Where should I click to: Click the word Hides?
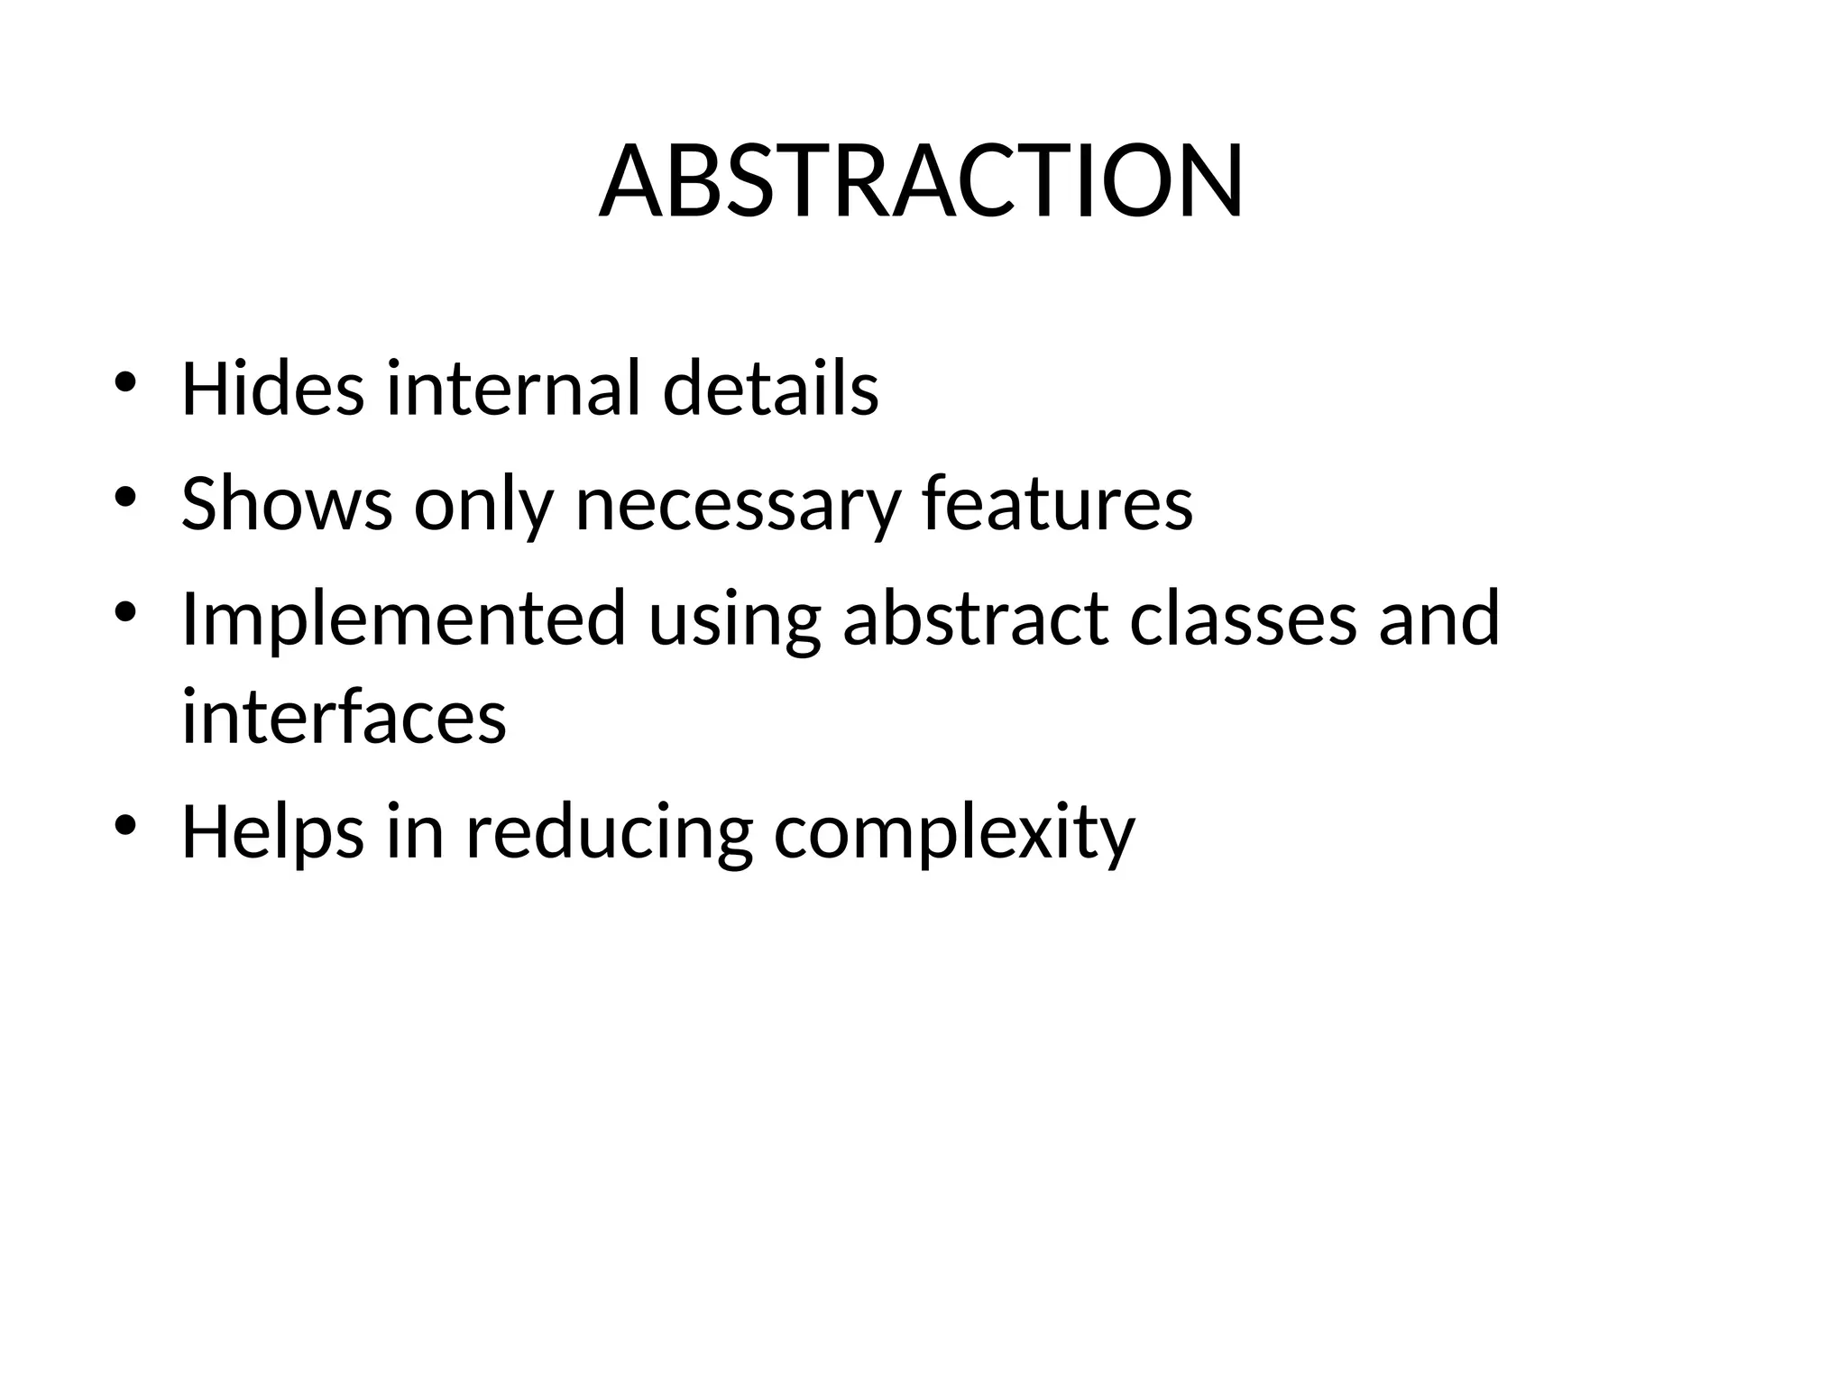[x=272, y=389]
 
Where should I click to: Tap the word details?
[x=770, y=389]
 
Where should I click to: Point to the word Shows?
[x=286, y=503]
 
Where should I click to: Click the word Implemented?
[x=403, y=619]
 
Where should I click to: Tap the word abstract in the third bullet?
[x=975, y=619]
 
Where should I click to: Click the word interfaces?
[x=344, y=717]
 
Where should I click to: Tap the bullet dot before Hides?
[x=125, y=382]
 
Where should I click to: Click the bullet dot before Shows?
[x=125, y=497]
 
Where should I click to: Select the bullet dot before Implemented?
[x=125, y=612]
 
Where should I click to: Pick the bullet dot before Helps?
[x=125, y=825]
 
